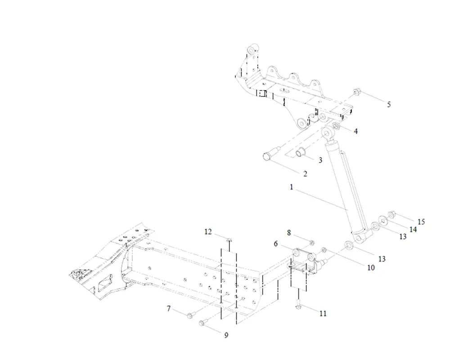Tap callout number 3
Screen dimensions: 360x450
pos(320,160)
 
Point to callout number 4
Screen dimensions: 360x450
pos(355,131)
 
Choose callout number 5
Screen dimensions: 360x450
pos(389,104)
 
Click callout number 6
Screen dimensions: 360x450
pos(276,243)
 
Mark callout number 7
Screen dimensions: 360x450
pos(169,309)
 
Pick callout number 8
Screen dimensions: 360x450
pos(289,233)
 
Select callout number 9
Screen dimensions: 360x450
pos(226,335)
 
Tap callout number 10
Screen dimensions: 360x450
pos(371,267)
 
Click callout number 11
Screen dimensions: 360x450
pos(323,314)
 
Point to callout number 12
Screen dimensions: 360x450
pos(208,232)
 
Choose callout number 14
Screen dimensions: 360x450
pos(413,229)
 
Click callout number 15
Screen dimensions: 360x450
pos(421,222)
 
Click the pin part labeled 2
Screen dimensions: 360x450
pos(269,156)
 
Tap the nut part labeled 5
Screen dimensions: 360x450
pos(356,92)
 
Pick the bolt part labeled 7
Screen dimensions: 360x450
pos(189,315)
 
